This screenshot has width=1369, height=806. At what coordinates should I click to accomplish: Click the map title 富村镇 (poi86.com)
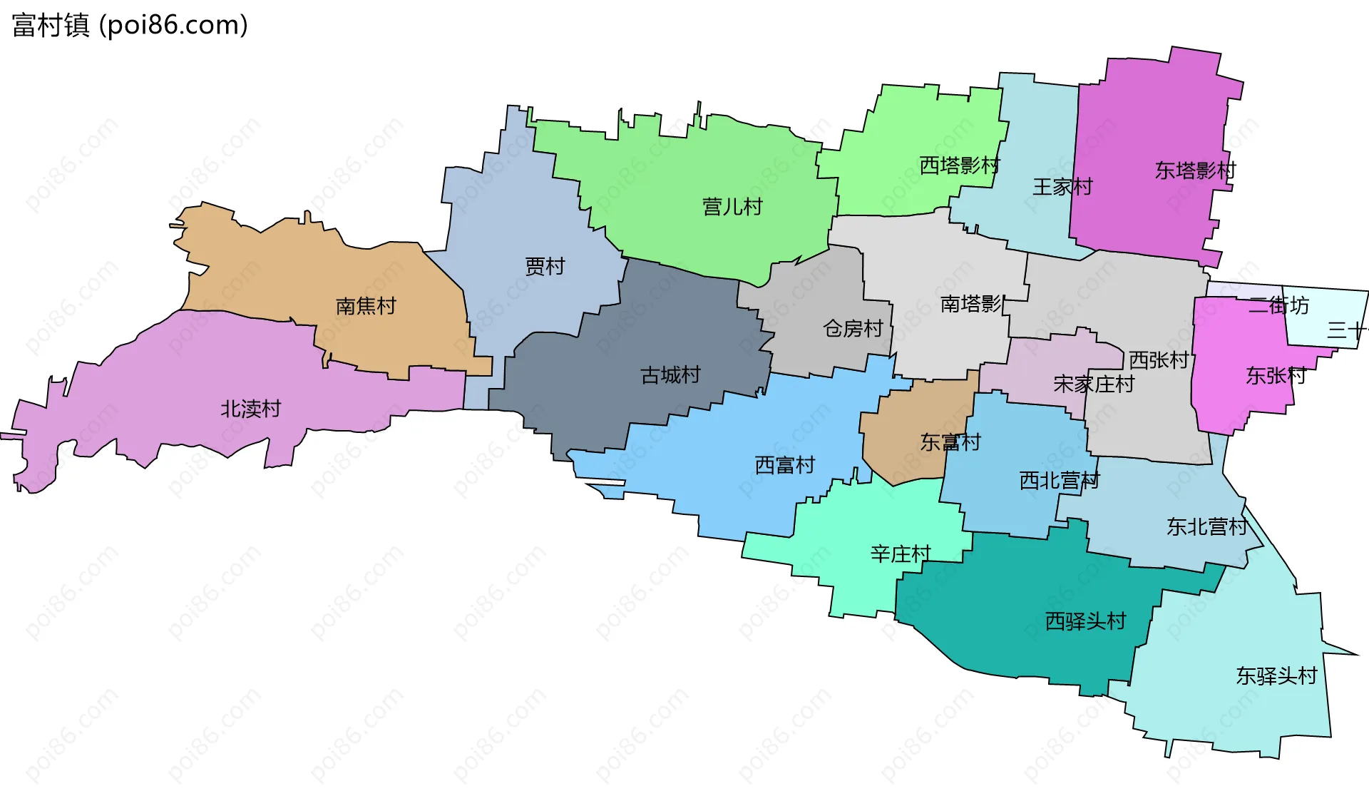click(130, 25)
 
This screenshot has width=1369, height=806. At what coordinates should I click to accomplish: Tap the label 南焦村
click(366, 306)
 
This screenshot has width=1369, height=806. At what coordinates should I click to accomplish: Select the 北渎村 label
click(251, 409)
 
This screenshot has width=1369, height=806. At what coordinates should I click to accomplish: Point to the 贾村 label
click(545, 266)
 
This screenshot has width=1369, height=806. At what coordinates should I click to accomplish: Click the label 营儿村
click(732, 207)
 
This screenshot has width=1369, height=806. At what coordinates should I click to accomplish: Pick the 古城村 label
click(670, 374)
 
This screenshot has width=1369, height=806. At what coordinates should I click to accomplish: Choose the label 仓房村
click(853, 328)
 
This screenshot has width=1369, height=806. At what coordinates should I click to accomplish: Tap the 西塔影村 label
click(959, 165)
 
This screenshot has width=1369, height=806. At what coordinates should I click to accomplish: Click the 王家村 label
click(1062, 187)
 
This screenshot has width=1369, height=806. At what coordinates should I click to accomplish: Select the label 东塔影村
click(1195, 170)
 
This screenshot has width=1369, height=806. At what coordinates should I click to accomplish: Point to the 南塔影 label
click(972, 304)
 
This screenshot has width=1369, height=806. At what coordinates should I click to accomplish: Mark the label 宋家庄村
click(1094, 384)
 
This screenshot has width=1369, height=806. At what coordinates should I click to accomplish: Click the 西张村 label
click(1159, 359)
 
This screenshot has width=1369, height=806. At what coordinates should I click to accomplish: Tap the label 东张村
click(1276, 375)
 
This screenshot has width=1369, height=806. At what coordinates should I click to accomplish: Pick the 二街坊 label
click(1279, 305)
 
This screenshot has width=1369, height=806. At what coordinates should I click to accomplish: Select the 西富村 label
click(784, 465)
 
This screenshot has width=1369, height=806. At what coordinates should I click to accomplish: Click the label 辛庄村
click(901, 554)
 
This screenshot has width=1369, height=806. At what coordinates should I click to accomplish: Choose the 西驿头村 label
click(1085, 621)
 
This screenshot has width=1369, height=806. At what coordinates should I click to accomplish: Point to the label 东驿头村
click(1276, 675)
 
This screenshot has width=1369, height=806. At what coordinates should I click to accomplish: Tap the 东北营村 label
click(1206, 526)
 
